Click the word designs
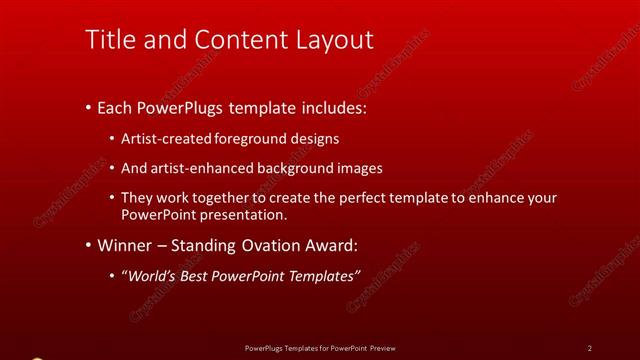click(316, 139)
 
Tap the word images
click(357, 168)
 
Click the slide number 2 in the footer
click(590, 348)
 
